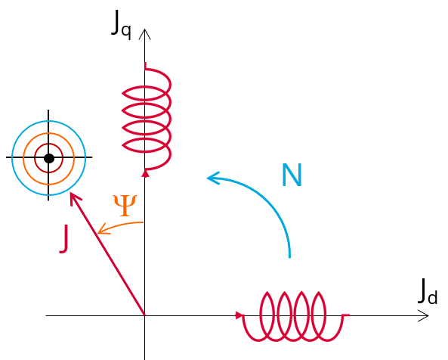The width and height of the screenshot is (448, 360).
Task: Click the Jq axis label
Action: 121,25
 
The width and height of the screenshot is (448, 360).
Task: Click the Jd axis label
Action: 428,291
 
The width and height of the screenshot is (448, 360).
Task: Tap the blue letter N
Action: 292,175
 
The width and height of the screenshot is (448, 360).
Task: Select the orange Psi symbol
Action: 125,205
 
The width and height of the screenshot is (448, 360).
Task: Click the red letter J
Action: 64,238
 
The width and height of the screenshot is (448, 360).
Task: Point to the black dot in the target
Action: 49,158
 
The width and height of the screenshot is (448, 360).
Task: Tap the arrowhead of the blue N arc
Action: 212,178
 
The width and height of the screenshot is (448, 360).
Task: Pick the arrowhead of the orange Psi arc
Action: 103,229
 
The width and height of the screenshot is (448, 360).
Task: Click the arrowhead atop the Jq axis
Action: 145,34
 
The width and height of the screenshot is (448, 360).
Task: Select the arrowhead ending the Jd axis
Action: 423,315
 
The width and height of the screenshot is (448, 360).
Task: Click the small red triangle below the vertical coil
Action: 146,173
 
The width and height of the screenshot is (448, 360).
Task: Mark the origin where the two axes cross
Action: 145,315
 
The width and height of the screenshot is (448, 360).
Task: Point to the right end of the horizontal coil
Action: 348,315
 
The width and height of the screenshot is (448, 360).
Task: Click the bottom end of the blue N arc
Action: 289,257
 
